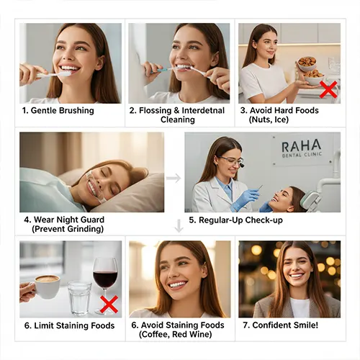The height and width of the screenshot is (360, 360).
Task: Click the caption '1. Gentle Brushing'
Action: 58,111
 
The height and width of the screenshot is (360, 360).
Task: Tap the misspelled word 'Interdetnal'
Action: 203,110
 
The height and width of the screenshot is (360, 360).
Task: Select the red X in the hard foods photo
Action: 328,89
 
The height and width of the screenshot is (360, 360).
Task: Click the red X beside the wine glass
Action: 109,304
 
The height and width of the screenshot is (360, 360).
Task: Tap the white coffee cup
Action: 47,287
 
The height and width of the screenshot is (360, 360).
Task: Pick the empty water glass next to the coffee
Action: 79,299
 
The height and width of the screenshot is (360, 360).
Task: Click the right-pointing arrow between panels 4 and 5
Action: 174,178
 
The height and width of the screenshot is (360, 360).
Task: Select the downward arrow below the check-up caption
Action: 179,226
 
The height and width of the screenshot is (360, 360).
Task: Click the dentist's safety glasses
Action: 231,161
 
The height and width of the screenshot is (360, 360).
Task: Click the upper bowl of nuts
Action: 307,63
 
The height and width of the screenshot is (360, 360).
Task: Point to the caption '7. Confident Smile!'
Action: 280,325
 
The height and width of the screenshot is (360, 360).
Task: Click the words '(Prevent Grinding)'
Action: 68,229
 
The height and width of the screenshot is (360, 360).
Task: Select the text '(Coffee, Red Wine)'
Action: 175,334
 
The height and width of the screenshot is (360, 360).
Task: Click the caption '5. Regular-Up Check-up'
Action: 235,220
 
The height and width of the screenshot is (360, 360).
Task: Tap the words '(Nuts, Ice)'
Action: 269,120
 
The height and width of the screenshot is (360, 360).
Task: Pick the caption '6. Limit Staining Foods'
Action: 69,325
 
